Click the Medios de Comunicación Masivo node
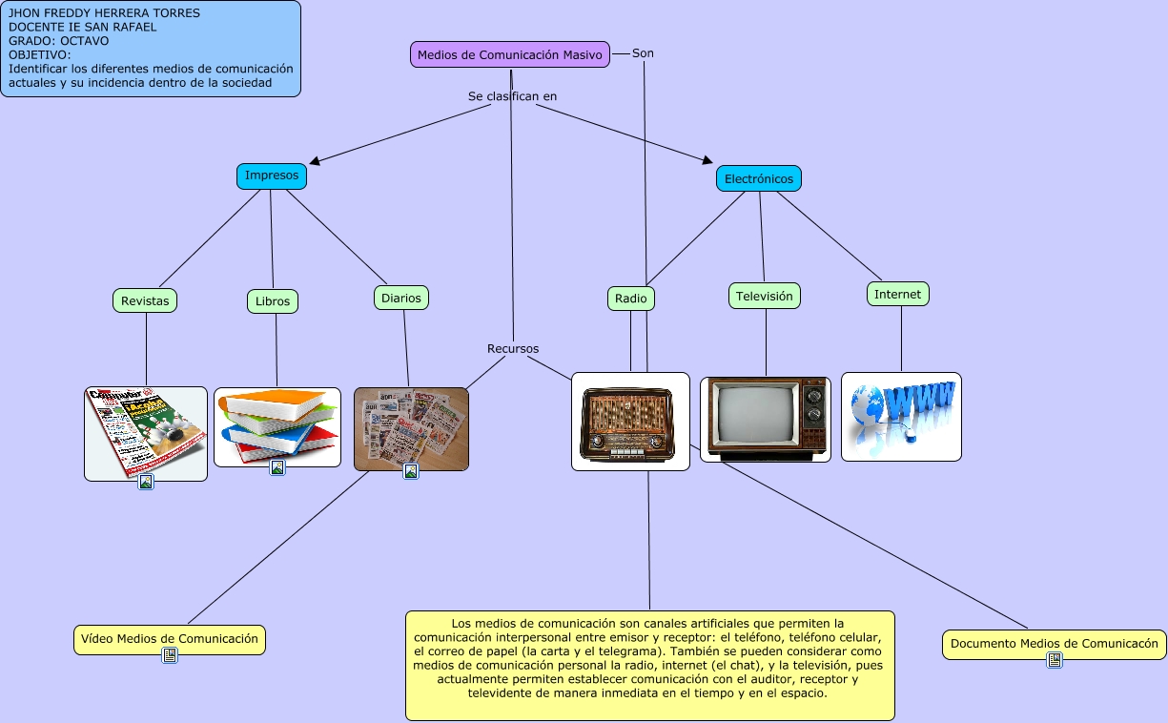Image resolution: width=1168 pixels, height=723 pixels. pyautogui.click(x=510, y=54)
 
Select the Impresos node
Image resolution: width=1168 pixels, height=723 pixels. pyautogui.click(x=272, y=176)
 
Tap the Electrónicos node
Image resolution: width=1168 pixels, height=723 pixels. pyautogui.click(x=759, y=178)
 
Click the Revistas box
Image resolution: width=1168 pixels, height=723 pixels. pyautogui.click(x=145, y=300)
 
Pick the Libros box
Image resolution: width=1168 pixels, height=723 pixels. pyautogui.click(x=273, y=301)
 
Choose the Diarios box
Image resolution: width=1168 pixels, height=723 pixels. pyautogui.click(x=401, y=298)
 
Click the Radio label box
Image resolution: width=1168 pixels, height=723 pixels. pyautogui.click(x=631, y=299)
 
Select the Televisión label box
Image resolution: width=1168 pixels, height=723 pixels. pyautogui.click(x=765, y=296)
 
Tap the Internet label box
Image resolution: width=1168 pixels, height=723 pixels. pyautogui.click(x=898, y=294)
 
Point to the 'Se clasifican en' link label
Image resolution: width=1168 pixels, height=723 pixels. pyautogui.click(x=512, y=96)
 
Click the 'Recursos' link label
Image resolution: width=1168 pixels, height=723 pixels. pyautogui.click(x=513, y=349)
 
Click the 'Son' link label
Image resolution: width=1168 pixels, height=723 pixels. pyautogui.click(x=643, y=53)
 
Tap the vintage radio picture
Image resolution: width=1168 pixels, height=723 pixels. pyautogui.click(x=630, y=422)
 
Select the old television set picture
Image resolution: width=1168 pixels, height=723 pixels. pyautogui.click(x=766, y=420)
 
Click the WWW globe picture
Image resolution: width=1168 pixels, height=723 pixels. pyautogui.click(x=901, y=416)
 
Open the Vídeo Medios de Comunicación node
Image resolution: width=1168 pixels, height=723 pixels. pyautogui.click(x=170, y=638)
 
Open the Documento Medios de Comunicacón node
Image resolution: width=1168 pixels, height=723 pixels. pyautogui.click(x=1055, y=644)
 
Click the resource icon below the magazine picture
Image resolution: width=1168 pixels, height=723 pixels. pyautogui.click(x=146, y=483)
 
